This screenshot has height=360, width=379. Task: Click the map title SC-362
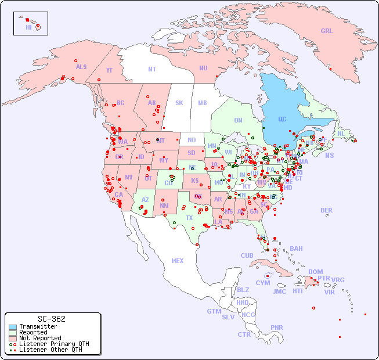pos(51,319)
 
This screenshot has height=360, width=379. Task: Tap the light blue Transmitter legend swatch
pos(12,327)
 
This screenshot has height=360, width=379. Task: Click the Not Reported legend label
pos(39,338)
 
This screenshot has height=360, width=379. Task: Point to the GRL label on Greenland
pos(327,31)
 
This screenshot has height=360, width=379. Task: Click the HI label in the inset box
pos(28,27)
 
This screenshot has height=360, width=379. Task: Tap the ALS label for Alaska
pos(81,67)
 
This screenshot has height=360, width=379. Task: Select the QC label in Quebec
pos(282,119)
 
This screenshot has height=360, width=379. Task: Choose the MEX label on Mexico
pos(178,261)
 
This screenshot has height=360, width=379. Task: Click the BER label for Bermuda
pos(326,210)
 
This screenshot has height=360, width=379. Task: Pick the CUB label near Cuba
pos(247,255)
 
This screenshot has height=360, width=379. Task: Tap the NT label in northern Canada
pos(151,69)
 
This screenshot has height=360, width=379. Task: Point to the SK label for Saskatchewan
pos(179,103)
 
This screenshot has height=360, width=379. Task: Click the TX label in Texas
pos(189,218)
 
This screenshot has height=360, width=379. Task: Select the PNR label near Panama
pos(277,327)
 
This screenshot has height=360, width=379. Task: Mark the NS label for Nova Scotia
pos(329,155)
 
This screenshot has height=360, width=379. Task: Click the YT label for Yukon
pos(109,70)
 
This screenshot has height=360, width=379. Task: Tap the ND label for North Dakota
pos(192,140)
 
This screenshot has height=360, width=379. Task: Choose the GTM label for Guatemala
pos(214,311)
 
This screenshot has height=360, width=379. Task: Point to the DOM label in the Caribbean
pos(315,272)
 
